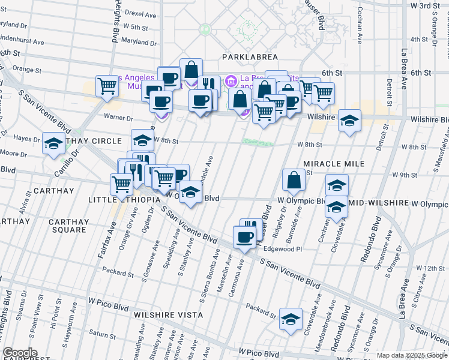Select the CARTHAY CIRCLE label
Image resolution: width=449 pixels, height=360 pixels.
point(92,141)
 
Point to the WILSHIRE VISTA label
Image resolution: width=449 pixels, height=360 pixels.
point(169,314)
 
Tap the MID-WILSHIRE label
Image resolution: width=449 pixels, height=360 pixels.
point(381,204)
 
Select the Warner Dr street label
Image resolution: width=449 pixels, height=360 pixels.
point(118,118)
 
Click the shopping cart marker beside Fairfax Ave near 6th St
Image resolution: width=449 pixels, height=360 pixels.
point(107,85)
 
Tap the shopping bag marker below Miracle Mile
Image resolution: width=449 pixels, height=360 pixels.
point(294,179)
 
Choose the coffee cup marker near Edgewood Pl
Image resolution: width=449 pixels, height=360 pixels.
point(244,237)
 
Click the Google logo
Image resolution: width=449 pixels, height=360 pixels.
point(20,353)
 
